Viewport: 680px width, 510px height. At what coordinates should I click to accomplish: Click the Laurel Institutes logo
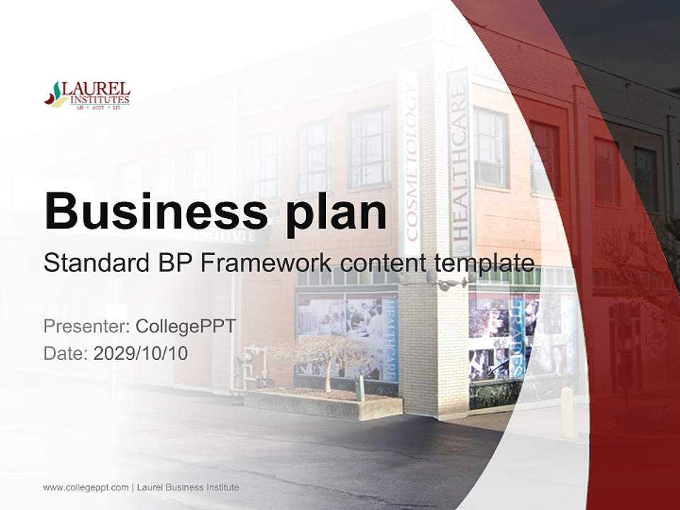click(87, 94)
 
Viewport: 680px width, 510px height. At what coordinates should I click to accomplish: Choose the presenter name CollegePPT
click(186, 326)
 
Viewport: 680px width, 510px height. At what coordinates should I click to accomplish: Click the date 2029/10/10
click(141, 353)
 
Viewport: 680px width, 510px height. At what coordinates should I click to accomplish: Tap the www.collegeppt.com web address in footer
click(86, 487)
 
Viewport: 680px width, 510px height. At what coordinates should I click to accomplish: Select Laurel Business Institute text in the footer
click(188, 487)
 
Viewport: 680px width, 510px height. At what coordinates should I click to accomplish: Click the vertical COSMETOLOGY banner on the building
click(410, 163)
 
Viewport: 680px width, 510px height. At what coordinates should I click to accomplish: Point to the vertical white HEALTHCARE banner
click(459, 163)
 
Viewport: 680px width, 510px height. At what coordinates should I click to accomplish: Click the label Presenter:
click(86, 326)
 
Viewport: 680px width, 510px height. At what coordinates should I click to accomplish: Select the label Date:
click(65, 353)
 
